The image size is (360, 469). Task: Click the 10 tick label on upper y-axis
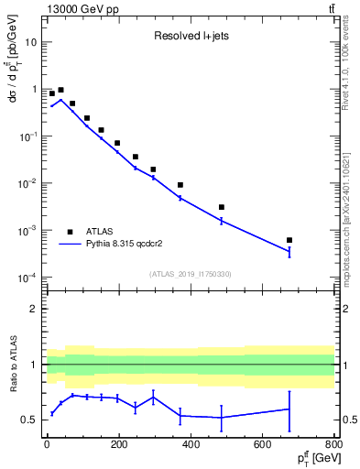click(x=31, y=42)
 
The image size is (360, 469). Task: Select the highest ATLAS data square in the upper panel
click(x=60, y=91)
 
